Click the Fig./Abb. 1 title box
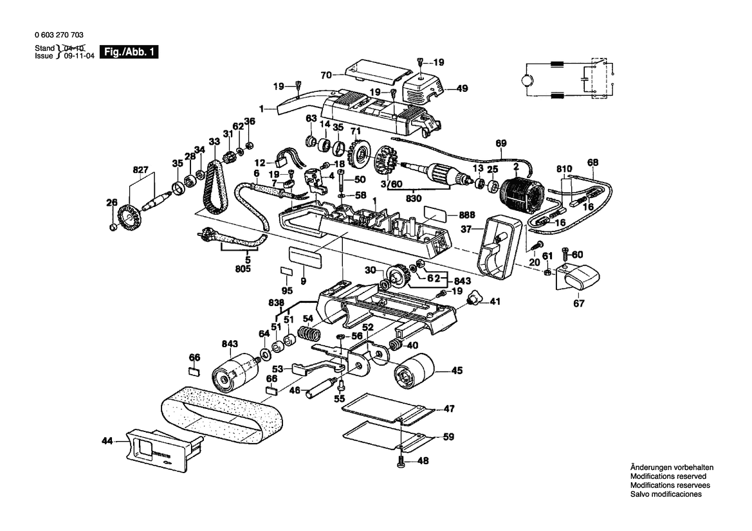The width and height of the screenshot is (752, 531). coord(128,52)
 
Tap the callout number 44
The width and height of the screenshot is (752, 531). coord(107,440)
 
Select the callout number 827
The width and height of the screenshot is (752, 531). coord(140,170)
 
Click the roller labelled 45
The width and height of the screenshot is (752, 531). coord(414,371)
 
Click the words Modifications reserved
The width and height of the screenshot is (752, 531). coord(668,476)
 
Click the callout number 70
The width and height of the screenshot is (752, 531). coord(326,75)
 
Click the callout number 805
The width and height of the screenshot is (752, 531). coord(243,269)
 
